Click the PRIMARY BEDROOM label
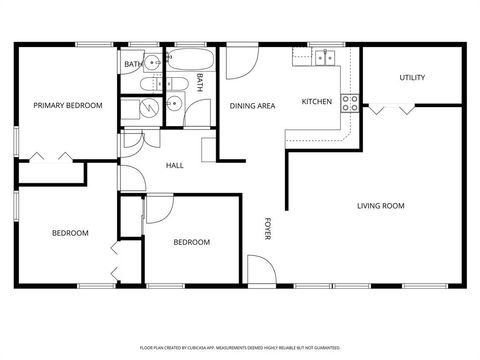pos(68,105)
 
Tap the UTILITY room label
pos(412,78)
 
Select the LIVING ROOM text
pos(380,206)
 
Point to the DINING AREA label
pos(253,105)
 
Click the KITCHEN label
pos(317,101)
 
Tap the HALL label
pos(174,166)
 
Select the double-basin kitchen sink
pos(324,58)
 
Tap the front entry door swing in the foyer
pos(260,269)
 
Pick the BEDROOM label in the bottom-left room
pos(70,233)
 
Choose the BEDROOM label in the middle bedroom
pos(191,242)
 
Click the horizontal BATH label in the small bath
pos(132,65)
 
